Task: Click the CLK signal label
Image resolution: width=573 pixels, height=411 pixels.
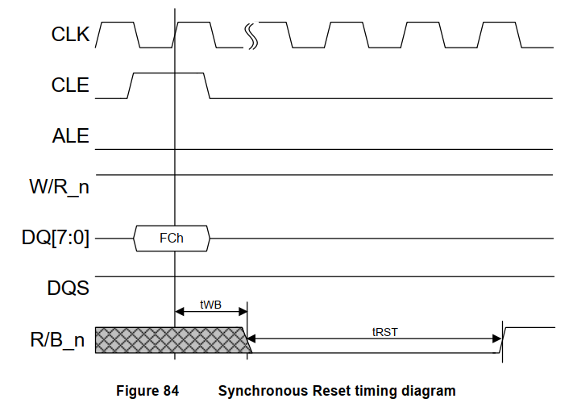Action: point(70,35)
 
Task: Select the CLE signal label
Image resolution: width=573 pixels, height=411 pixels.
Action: point(70,85)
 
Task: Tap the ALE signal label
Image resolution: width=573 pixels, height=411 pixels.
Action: point(70,136)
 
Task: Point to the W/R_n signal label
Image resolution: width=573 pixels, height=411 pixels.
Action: point(59,188)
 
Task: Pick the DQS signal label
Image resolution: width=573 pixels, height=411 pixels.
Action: point(69,289)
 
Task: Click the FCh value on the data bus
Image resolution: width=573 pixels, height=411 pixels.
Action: point(172,239)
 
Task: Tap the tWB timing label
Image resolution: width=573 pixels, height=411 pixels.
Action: point(210,305)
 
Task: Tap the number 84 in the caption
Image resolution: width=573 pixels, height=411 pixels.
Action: point(170,391)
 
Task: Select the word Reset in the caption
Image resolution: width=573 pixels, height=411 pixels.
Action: point(326,391)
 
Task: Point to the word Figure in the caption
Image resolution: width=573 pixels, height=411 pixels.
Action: point(136,391)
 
